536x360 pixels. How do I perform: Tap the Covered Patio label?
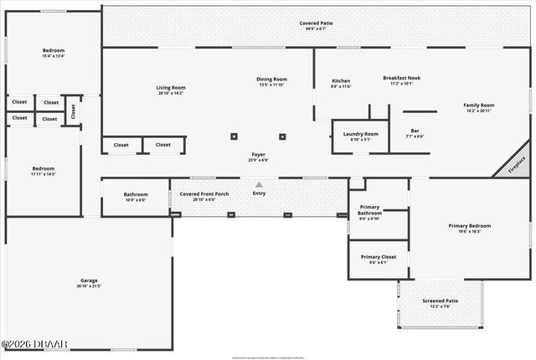point(316,23)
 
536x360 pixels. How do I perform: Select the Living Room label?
point(171,87)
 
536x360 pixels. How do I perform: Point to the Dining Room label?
point(271,80)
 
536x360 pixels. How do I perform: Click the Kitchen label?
point(341,81)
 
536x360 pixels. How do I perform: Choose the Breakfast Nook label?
point(401,78)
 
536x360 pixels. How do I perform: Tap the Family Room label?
point(479,105)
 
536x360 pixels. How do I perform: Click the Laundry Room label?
point(360,134)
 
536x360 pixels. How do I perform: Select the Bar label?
point(415,131)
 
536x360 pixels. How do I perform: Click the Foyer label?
point(258,155)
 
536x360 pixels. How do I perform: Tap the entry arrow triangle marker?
point(259,184)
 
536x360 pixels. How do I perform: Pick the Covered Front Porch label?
point(204,194)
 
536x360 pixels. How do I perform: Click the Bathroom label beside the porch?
point(136,194)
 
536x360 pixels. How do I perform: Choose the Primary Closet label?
point(378,257)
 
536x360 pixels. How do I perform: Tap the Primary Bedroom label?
point(469,226)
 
